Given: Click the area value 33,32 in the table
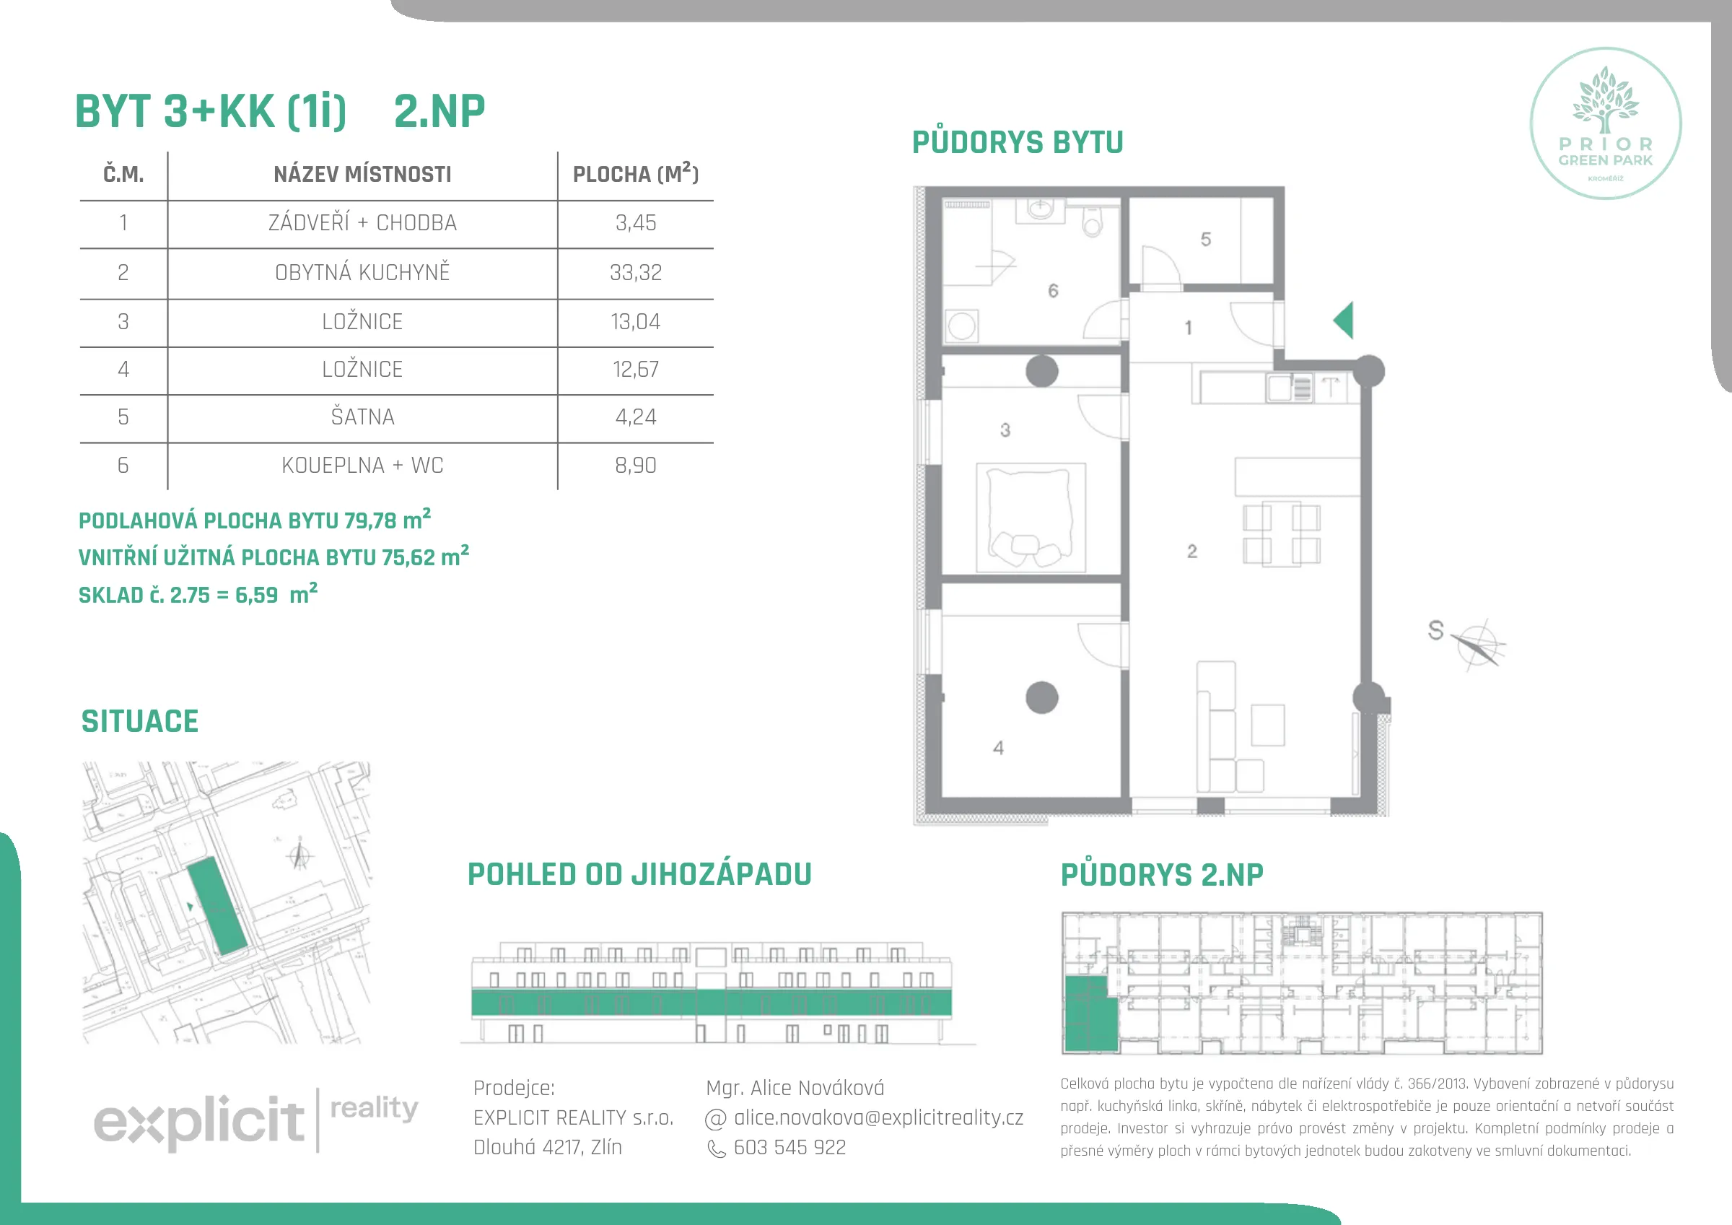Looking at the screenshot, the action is (635, 272).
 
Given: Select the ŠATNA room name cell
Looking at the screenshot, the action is (362, 417).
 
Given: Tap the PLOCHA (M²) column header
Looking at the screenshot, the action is (635, 173).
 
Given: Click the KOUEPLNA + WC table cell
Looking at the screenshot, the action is (362, 465).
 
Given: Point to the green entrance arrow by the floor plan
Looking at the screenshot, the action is (1344, 320).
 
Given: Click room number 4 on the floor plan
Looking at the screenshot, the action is (998, 748).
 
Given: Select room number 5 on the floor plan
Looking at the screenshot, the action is (1205, 239).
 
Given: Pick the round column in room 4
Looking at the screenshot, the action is (1042, 697).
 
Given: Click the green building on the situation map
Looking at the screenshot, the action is (217, 907).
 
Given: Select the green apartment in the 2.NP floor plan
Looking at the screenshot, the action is (1089, 1013).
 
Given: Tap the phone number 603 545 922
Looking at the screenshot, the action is (790, 1147).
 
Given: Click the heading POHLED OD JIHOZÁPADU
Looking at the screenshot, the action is (639, 874).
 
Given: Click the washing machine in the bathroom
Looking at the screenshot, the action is (962, 327).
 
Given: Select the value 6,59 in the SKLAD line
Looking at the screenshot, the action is (256, 595).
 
